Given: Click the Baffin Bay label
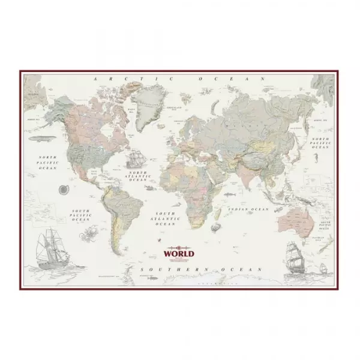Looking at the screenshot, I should pyautogui.click(x=131, y=110).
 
